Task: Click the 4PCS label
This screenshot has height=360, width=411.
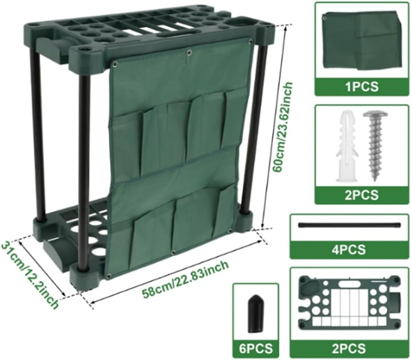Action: click(349, 249)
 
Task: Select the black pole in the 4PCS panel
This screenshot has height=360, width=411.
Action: click(349, 225)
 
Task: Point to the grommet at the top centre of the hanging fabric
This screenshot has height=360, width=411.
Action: click(189, 53)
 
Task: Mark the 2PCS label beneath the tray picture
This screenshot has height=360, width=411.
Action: click(349, 348)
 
